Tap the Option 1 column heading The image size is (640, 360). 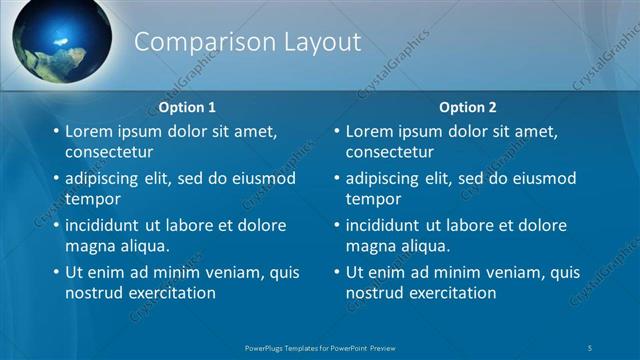pyautogui.click(x=187, y=107)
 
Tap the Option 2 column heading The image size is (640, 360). pyautogui.click(x=467, y=107)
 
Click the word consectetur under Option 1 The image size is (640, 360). pyautogui.click(x=109, y=153)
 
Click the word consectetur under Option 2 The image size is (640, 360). pyautogui.click(x=390, y=153)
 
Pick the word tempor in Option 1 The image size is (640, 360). pyautogui.click(x=93, y=199)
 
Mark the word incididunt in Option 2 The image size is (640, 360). pyautogui.click(x=388, y=225)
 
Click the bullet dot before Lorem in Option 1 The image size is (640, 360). pyautogui.click(x=56, y=131)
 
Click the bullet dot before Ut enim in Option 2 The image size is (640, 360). pyautogui.click(x=336, y=272)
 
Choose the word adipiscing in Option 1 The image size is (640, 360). pyautogui.click(x=105, y=178)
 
